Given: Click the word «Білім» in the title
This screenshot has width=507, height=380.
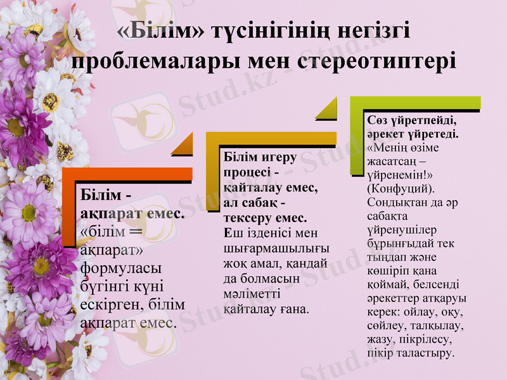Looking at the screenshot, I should point(164,32).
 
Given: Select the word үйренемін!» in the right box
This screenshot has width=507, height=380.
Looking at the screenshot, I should point(397,174).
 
